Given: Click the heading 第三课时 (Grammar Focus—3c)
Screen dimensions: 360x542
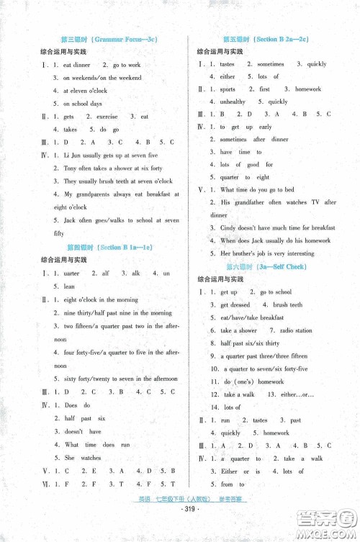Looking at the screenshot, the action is tap(109, 40).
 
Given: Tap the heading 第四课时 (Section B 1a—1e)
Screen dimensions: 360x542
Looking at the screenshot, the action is tap(109, 246).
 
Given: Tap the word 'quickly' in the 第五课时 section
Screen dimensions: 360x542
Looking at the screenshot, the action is tap(317, 64).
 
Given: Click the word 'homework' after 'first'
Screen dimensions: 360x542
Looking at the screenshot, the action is tap(308, 89).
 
